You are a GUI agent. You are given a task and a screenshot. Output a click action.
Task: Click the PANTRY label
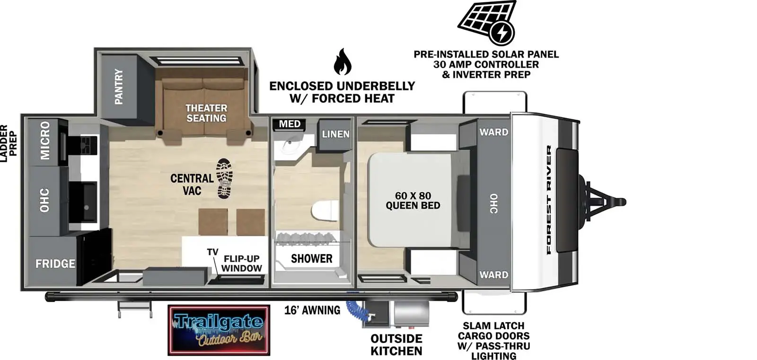point(119,86)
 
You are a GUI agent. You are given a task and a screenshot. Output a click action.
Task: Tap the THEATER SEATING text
point(206,113)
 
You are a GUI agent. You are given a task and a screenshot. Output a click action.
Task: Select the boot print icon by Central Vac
point(224,178)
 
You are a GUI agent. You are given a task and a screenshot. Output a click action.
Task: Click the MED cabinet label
point(290,124)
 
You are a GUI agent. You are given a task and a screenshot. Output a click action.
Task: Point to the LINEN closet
point(335,134)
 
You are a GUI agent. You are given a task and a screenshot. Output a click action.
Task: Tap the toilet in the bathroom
point(326,211)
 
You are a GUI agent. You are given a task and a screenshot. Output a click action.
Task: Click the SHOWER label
point(311,259)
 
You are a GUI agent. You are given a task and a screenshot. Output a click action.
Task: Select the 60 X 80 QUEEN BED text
point(413,201)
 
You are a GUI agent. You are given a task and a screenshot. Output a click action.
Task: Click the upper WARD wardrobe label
point(493,132)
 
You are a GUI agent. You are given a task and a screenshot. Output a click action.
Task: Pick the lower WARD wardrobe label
point(493,275)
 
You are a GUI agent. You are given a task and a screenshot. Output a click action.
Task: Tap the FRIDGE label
point(55,263)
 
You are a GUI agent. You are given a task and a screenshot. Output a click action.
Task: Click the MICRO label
point(45,140)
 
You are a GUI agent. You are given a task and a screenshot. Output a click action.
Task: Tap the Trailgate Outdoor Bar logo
point(219,330)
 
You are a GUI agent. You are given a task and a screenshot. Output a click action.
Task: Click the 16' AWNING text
point(312,310)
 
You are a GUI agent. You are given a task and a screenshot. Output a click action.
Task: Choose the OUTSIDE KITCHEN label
point(396,345)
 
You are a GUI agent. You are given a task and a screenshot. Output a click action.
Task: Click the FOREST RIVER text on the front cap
point(549,200)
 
